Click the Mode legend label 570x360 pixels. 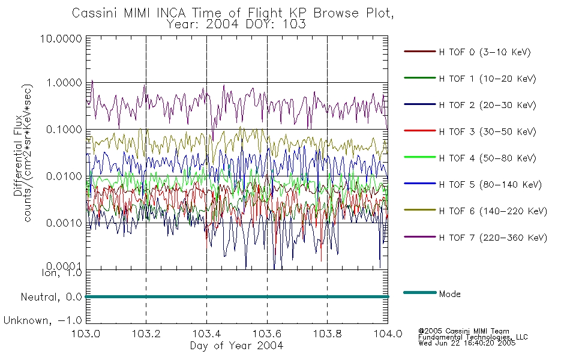[x=449, y=294]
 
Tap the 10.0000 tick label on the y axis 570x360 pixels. [x=61, y=38]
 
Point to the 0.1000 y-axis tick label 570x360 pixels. [x=64, y=130]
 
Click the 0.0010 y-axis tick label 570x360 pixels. [x=64, y=223]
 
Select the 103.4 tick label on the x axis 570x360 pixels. [x=206, y=334]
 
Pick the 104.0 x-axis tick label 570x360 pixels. [x=388, y=334]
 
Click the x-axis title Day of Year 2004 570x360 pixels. [x=236, y=346]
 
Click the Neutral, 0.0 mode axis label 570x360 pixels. [x=51, y=298]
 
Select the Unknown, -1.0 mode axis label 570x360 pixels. [x=43, y=320]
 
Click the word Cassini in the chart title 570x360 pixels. [x=95, y=13]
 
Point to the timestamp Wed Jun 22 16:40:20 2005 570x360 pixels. [x=467, y=343]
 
